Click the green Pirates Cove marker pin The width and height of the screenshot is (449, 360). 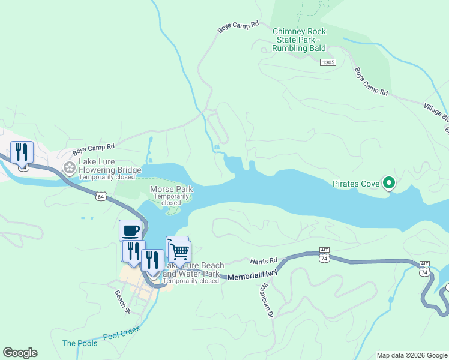[x=389, y=183]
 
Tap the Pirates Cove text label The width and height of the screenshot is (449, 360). [x=357, y=184]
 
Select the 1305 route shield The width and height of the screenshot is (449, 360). [x=328, y=62]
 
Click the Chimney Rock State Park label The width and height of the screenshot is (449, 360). [x=299, y=40]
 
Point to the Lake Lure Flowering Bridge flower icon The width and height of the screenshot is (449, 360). [x=70, y=167]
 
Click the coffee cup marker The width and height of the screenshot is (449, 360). [x=130, y=230]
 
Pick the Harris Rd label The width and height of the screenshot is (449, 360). [x=264, y=261]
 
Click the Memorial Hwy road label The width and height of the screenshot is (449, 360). [x=253, y=274]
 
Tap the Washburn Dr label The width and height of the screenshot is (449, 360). [x=266, y=300]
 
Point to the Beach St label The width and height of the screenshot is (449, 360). [x=122, y=302]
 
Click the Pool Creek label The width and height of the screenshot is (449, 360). [x=121, y=334]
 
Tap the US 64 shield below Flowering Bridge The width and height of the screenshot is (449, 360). [x=101, y=196]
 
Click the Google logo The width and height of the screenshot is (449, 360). [x=20, y=353]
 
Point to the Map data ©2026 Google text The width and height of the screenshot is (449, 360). [x=411, y=355]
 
